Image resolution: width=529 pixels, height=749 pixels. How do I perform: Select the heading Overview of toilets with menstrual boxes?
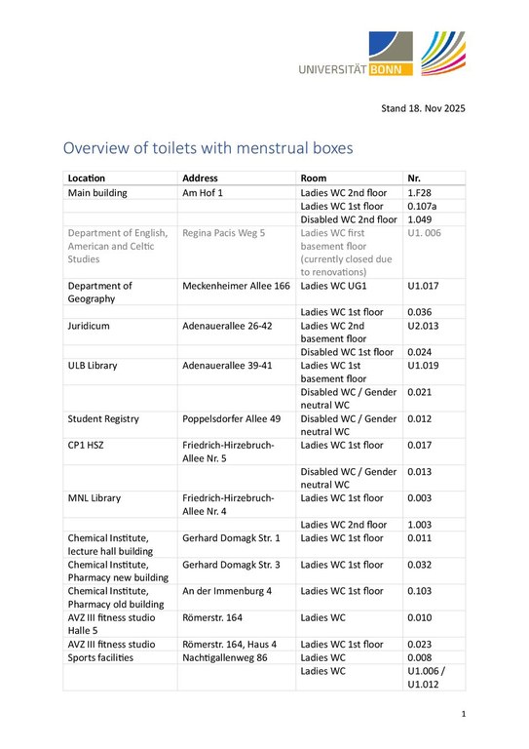tap(208, 149)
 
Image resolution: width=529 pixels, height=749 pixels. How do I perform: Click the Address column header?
tap(201, 178)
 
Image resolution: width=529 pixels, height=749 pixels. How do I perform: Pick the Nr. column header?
tap(415, 178)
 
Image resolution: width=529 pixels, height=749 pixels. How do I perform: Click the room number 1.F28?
tap(419, 193)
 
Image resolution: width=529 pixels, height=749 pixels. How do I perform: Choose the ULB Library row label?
tap(93, 365)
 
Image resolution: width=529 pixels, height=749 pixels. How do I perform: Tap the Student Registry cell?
tap(103, 418)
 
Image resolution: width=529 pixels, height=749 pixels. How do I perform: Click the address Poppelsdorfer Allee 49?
tap(232, 418)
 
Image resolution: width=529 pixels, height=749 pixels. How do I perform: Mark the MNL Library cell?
tap(94, 497)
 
